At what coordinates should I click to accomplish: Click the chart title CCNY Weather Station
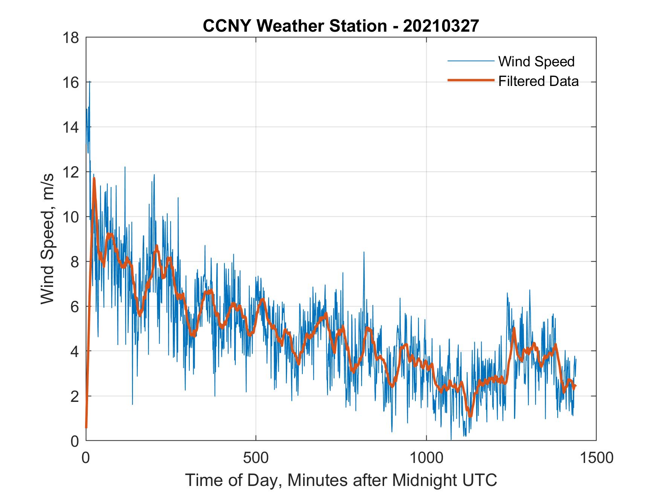(x=294, y=26)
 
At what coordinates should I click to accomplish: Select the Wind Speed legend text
(x=536, y=61)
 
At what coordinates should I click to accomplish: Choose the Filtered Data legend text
(x=538, y=81)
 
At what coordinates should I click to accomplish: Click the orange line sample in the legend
(x=471, y=80)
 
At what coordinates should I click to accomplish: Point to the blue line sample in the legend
(x=471, y=61)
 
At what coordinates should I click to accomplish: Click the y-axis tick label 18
(x=72, y=38)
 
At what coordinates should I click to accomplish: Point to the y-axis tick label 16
(x=72, y=82)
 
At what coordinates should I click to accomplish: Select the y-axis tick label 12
(x=72, y=172)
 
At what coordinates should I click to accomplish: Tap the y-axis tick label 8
(x=75, y=262)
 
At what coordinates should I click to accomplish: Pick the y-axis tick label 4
(x=75, y=351)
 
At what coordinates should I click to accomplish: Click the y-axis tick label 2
(x=75, y=396)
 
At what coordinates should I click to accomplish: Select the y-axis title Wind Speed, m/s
(x=47, y=239)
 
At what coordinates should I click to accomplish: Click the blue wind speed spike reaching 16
(x=90, y=82)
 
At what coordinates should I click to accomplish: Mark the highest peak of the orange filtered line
(x=94, y=178)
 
